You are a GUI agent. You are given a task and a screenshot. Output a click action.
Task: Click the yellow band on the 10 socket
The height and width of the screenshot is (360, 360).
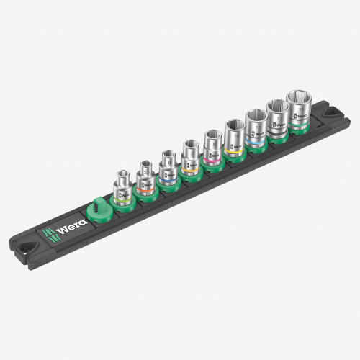coord(233,150)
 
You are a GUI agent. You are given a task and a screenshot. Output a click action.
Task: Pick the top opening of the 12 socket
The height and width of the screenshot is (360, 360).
coord(276,107)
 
